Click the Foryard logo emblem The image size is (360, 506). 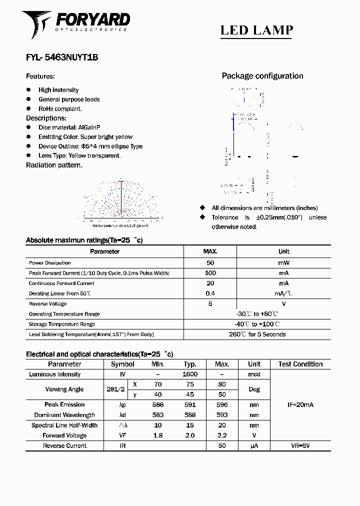36,23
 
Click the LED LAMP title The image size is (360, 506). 256,30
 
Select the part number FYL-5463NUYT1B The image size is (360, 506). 61,57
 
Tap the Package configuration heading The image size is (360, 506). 262,76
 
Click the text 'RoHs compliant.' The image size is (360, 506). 60,108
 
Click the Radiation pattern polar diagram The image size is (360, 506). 120,200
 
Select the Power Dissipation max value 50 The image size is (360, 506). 210,262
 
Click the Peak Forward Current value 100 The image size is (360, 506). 210,273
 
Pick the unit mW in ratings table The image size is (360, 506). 283,262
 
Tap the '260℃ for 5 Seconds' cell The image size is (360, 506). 257,334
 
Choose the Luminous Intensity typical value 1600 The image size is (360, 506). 190,374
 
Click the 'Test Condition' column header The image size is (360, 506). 300,364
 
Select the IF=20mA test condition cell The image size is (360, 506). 300,404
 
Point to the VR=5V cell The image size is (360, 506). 300,445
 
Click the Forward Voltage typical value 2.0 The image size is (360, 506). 190,435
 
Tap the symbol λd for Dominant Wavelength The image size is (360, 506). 122,415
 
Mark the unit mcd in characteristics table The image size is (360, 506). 254,374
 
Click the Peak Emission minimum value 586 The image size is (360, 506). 157,404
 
